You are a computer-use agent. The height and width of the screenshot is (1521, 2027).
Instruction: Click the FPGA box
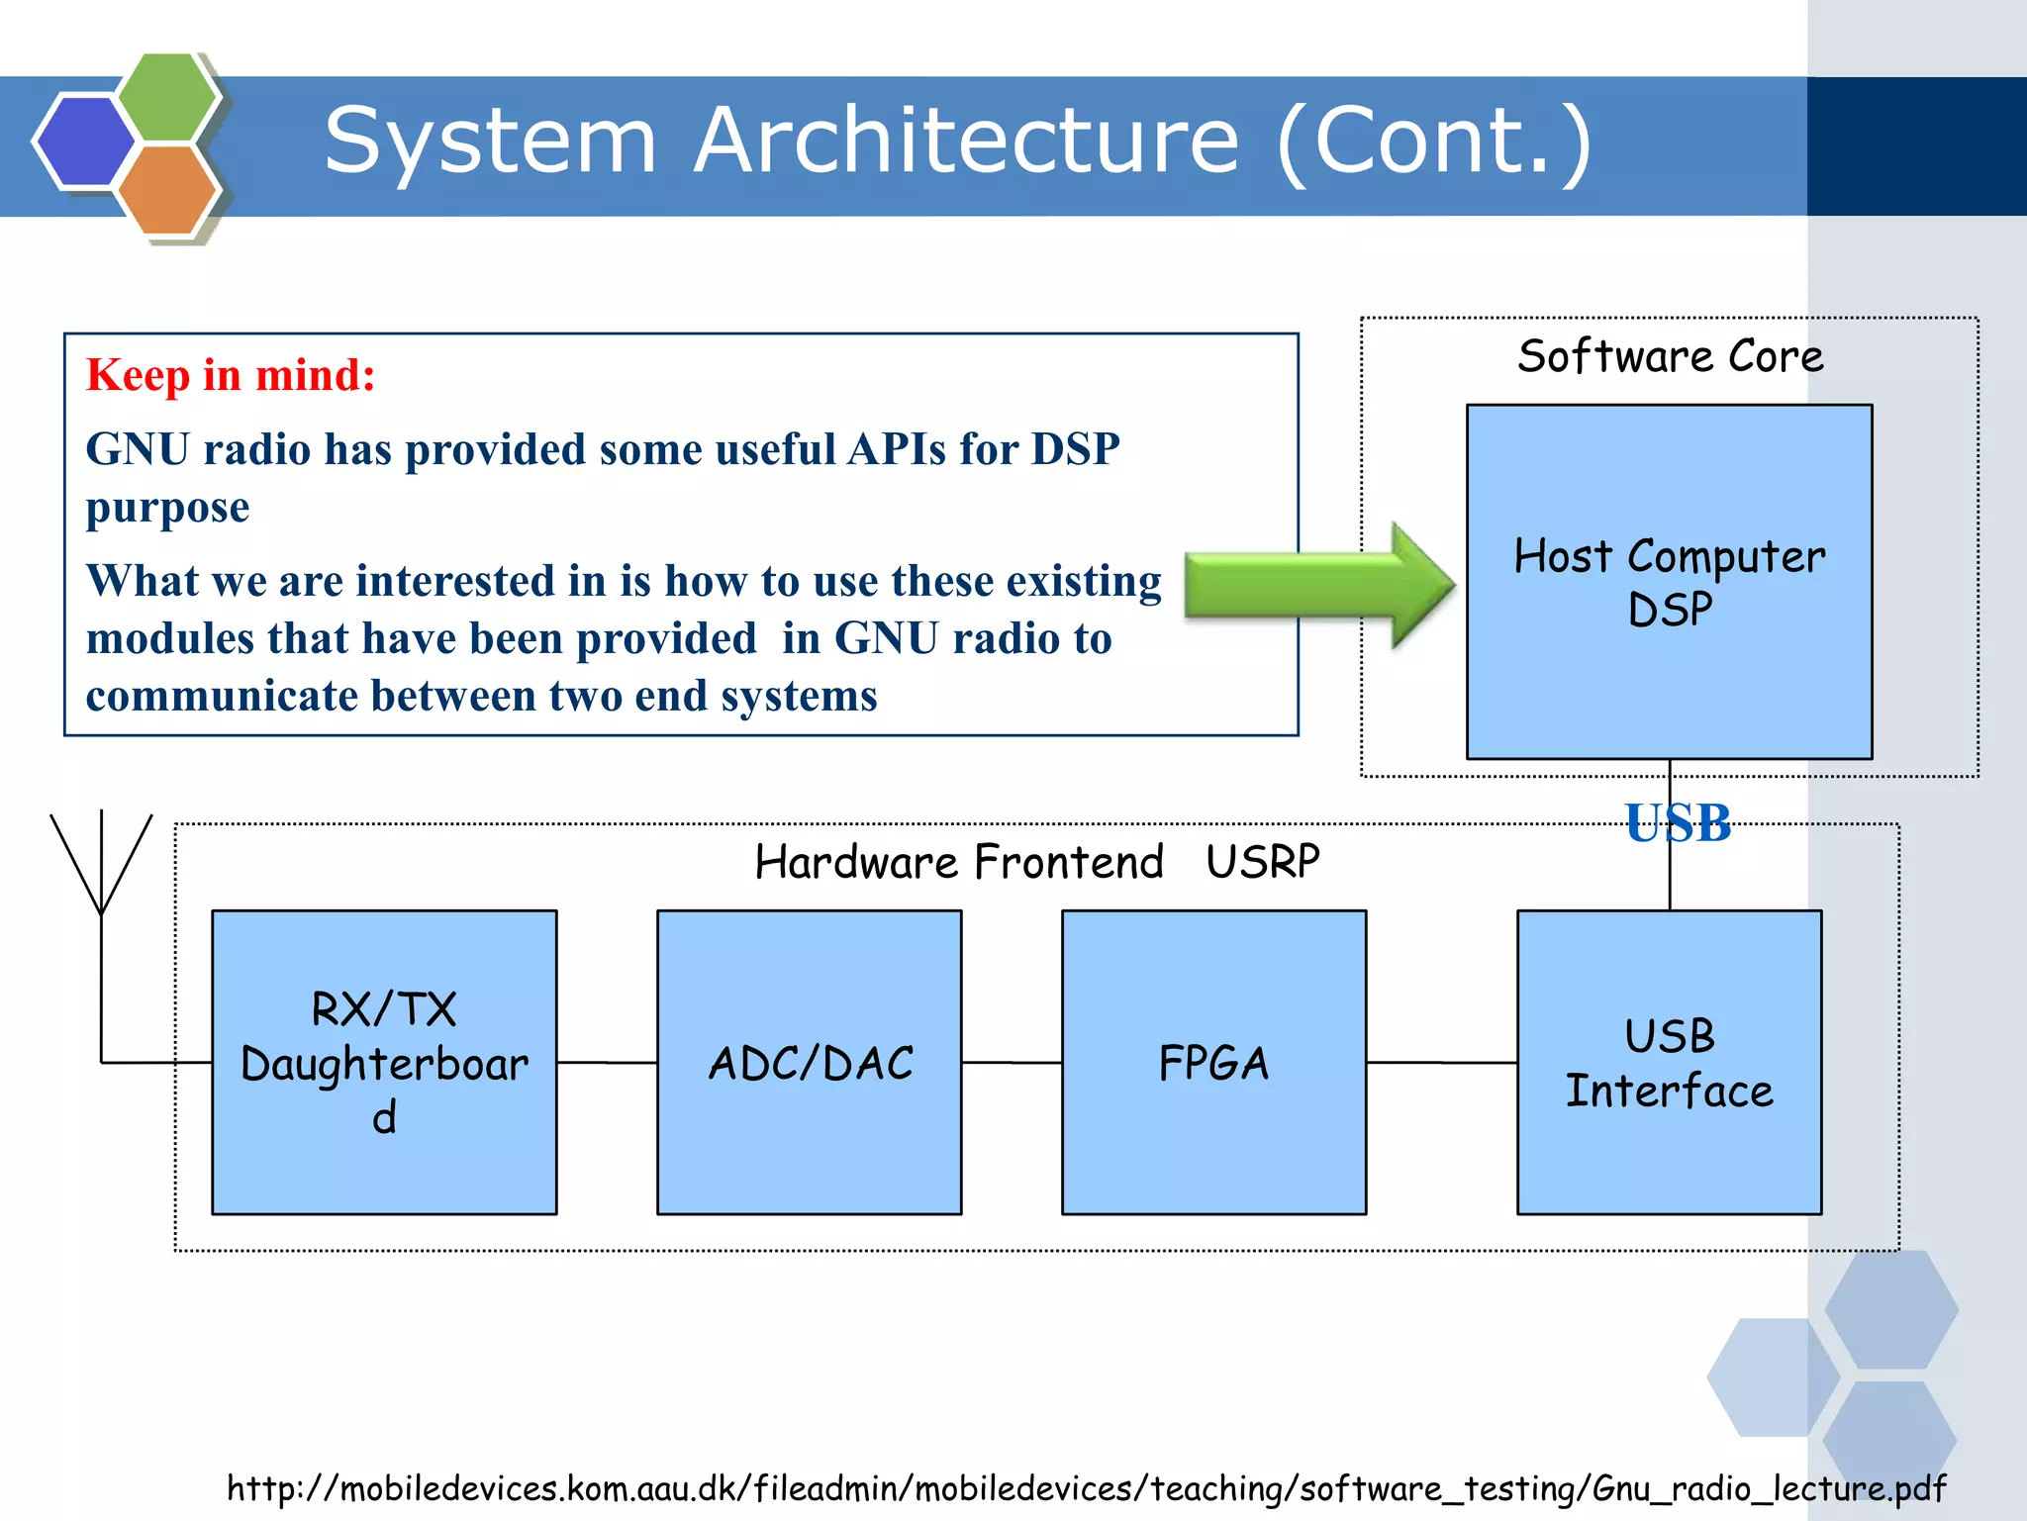pyautogui.click(x=1213, y=1063)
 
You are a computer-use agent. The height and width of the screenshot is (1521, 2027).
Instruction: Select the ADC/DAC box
pyautogui.click(x=809, y=1063)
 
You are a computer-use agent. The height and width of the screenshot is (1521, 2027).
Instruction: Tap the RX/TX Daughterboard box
pyautogui.click(x=384, y=1063)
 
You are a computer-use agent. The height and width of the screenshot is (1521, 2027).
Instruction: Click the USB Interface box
pyautogui.click(x=1669, y=1063)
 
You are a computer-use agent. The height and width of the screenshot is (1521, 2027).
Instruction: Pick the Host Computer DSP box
pyautogui.click(x=1669, y=582)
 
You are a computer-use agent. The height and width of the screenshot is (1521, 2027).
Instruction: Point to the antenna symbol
pyautogui.click(x=101, y=871)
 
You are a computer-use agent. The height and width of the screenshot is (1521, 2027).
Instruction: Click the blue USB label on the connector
pyautogui.click(x=1678, y=823)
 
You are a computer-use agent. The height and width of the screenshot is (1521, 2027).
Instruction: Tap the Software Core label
pyautogui.click(x=1670, y=356)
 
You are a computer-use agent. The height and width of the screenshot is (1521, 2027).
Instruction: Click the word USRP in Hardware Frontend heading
pyautogui.click(x=1262, y=862)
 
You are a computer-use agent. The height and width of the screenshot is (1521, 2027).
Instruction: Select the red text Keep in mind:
pyautogui.click(x=231, y=376)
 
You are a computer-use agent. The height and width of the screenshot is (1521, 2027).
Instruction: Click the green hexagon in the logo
pyautogui.click(x=166, y=96)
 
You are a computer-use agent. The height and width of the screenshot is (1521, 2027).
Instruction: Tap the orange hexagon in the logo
pyautogui.click(x=166, y=189)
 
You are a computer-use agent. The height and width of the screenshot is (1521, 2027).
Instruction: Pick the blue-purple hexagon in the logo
pyautogui.click(x=84, y=141)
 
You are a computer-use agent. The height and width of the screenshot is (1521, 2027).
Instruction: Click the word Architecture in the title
pyautogui.click(x=965, y=141)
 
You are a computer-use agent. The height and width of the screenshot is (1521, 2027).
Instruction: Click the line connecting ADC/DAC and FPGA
pyautogui.click(x=1012, y=1063)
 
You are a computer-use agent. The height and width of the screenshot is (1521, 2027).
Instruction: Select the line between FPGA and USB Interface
pyautogui.click(x=1441, y=1063)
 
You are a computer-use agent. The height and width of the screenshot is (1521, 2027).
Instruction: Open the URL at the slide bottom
pyautogui.click(x=1086, y=1488)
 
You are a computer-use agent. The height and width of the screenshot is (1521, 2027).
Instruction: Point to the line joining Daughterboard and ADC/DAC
pyautogui.click(x=607, y=1063)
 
